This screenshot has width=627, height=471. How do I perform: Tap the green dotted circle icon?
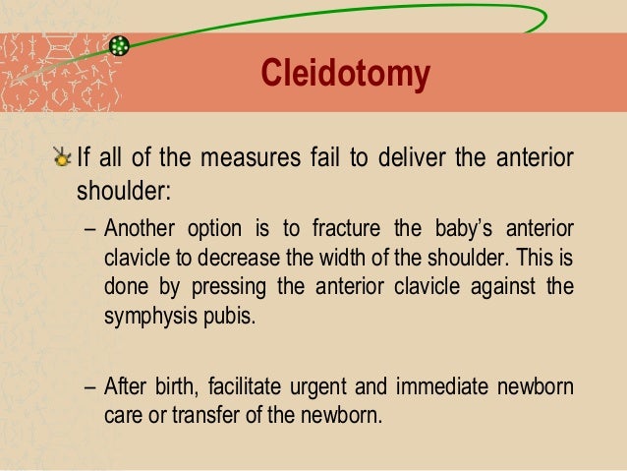point(120,46)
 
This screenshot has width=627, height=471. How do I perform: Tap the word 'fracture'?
point(351,232)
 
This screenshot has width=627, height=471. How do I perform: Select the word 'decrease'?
point(263,259)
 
